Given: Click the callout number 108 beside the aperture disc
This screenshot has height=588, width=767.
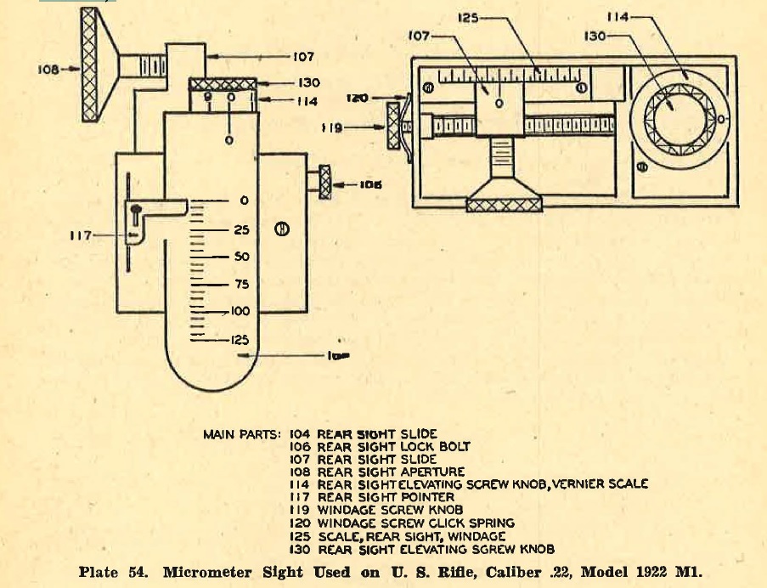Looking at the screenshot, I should [49, 70].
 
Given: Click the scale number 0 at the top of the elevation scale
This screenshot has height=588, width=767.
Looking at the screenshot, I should [244, 201].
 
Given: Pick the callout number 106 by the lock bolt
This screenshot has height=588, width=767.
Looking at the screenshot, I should [371, 184].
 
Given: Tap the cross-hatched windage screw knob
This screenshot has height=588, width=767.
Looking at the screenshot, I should [393, 126].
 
